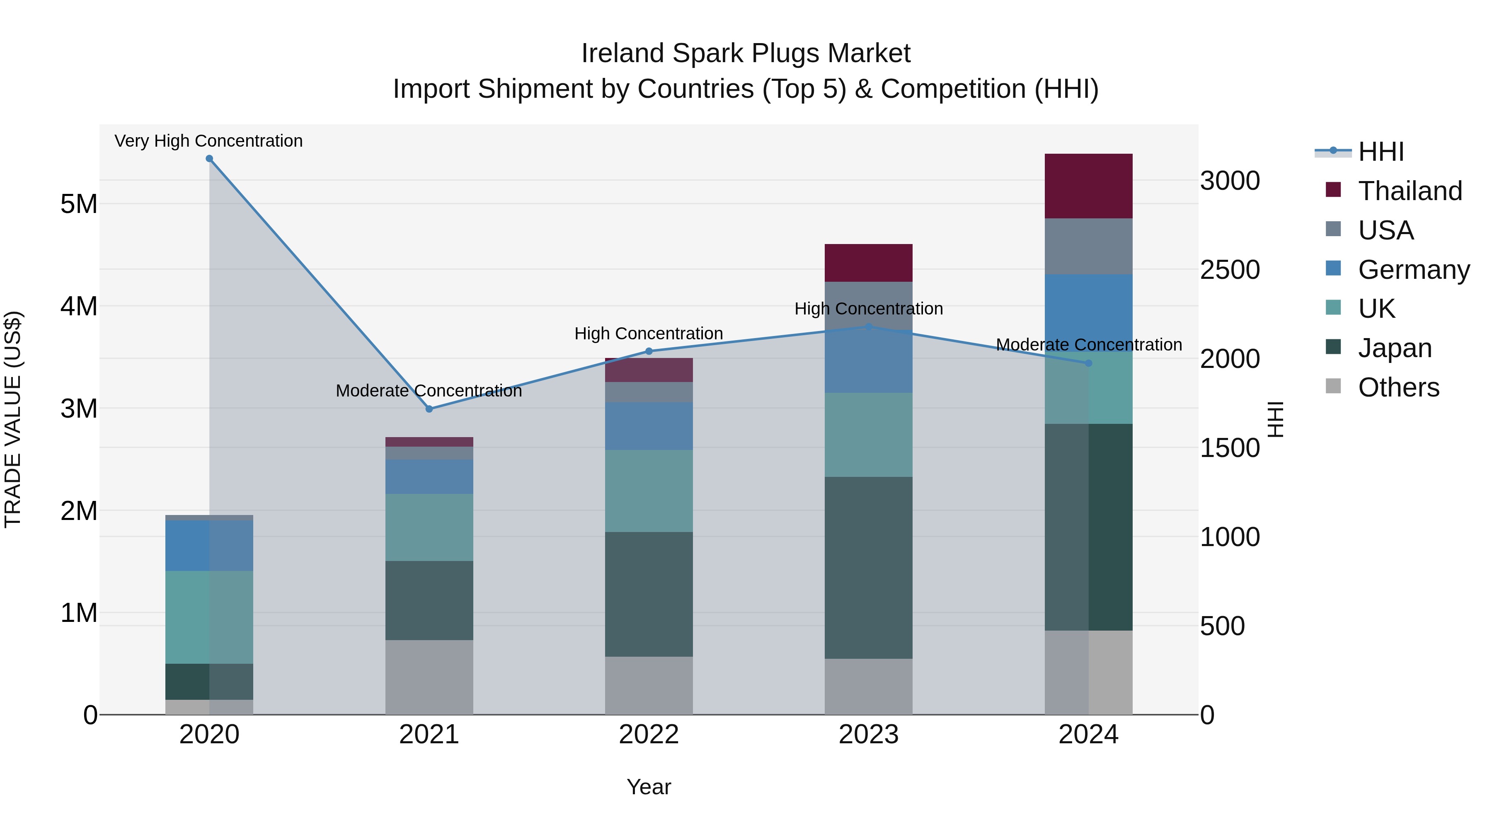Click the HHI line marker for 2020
click(x=209, y=159)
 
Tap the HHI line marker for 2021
click(x=429, y=409)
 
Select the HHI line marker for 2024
click(x=1088, y=363)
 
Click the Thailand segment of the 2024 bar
click(x=1088, y=186)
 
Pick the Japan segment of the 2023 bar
click(x=868, y=568)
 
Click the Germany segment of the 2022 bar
click(x=649, y=426)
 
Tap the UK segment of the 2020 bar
click(x=209, y=617)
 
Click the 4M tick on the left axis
click(x=79, y=306)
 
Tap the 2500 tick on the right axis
click(x=1230, y=270)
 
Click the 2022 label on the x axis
click(x=649, y=735)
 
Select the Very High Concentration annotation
click(x=208, y=141)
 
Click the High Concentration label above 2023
click(x=868, y=309)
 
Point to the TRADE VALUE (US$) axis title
click(x=13, y=419)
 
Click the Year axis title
click(x=649, y=787)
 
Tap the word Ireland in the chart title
click(x=622, y=53)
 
